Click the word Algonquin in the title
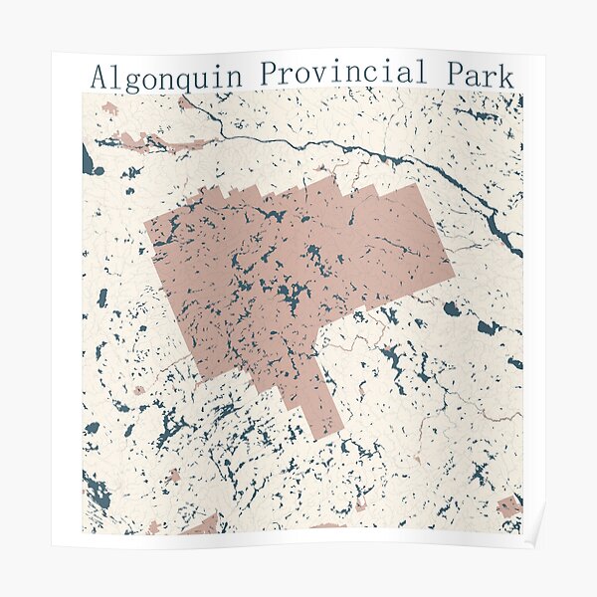[x=168, y=76]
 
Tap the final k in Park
[x=506, y=74]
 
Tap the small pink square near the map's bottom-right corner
[x=508, y=506]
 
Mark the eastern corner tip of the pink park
[x=453, y=269]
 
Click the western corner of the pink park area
[x=147, y=225]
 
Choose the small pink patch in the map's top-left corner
[x=108, y=107]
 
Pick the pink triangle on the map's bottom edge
[x=203, y=525]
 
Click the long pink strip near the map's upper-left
[x=159, y=142]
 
